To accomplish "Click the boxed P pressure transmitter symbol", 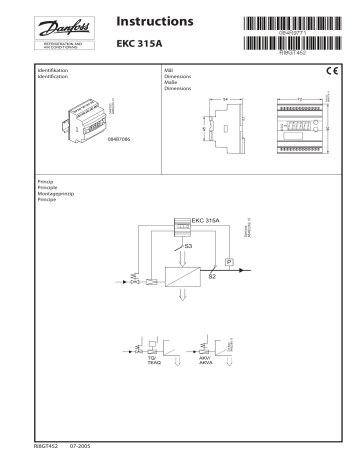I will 229,261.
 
